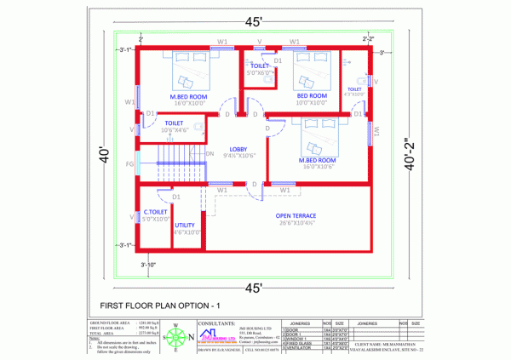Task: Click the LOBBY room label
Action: [238, 149]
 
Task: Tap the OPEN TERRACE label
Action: [295, 216]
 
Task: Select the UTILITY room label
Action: [186, 226]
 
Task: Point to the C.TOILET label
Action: [155, 212]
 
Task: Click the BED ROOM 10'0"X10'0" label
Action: [311, 96]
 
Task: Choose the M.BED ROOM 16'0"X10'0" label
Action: [188, 96]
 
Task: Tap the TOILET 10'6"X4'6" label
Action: [174, 123]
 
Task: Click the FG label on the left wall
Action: [129, 163]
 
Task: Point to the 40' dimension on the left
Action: [103, 157]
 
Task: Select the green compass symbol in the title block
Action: [176, 338]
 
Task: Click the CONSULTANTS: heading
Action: [217, 324]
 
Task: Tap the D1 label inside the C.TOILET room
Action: [176, 197]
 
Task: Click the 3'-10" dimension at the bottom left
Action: [149, 265]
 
